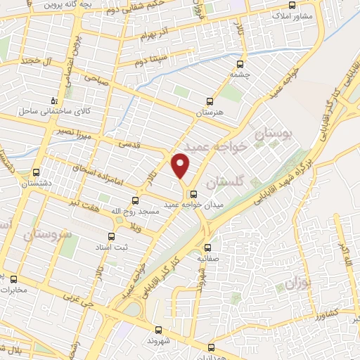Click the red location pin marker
(x=181, y=166)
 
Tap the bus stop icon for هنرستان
(x=209, y=101)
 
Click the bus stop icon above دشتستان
(x=36, y=172)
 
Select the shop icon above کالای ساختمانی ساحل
(x=53, y=101)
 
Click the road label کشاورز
(x=326, y=310)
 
